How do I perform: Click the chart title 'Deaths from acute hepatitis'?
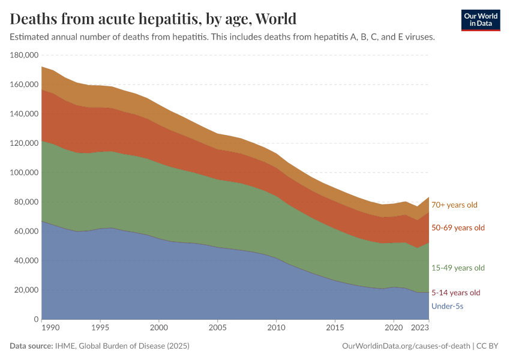[154, 19]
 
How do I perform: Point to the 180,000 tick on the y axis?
[25, 55]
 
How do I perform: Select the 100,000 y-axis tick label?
[25, 173]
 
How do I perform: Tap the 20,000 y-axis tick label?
[26, 290]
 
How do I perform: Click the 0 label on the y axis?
[36, 319]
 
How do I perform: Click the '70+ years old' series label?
[454, 205]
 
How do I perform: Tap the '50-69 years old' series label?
[458, 228]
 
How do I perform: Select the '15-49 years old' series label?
[458, 268]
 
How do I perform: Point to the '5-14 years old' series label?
[456, 293]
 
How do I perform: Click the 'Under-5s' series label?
[448, 307]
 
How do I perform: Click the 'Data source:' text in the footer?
[31, 346]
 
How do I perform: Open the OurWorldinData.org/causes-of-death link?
[405, 346]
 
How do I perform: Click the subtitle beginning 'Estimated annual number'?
[222, 37]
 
